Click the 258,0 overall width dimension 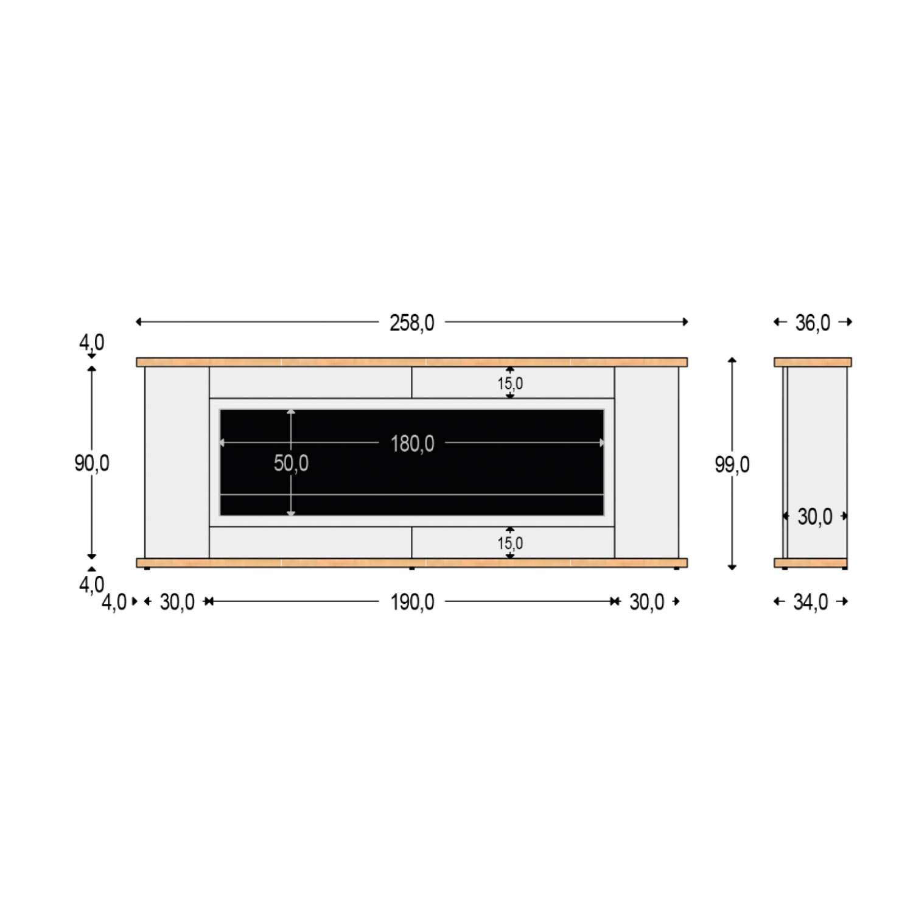(412, 323)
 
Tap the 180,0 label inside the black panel (412, 444)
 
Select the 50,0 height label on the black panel (291, 463)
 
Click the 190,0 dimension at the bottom (412, 602)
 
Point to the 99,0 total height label (732, 464)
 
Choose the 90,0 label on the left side (92, 463)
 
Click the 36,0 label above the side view (813, 323)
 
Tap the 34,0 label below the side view (810, 602)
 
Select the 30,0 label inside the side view (814, 517)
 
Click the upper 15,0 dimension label (510, 383)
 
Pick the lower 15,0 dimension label (510, 543)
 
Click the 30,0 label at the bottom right (646, 602)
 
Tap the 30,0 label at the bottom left (177, 602)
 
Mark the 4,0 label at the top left (92, 342)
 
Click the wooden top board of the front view (412, 362)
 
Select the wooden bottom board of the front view (412, 562)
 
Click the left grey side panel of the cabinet (177, 463)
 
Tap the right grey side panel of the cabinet (646, 463)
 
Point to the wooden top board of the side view (813, 362)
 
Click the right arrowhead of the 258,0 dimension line (685, 321)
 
